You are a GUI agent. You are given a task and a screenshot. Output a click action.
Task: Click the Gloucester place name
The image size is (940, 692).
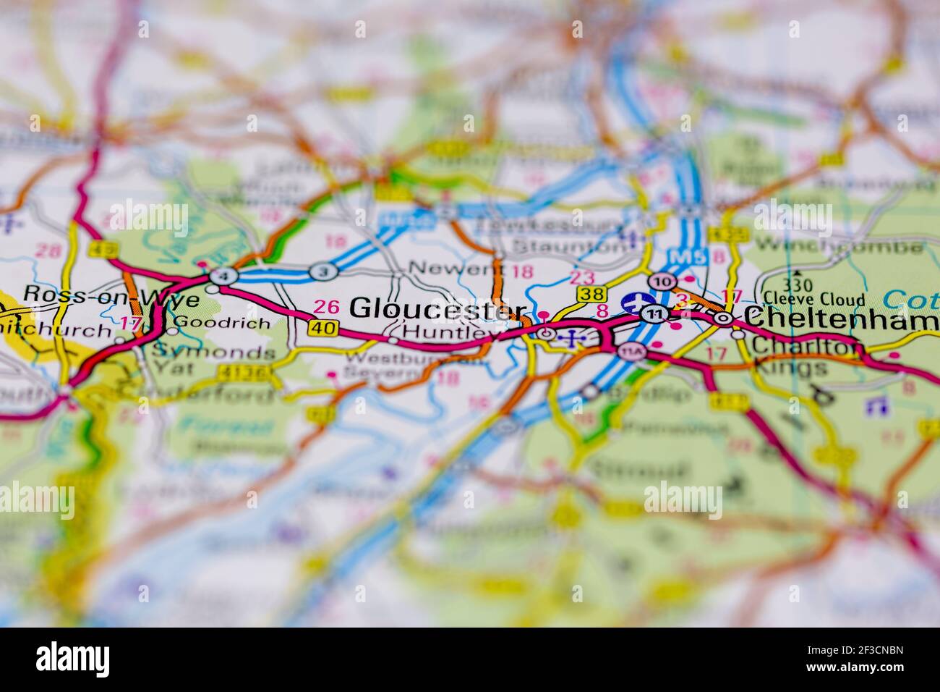click(437, 309)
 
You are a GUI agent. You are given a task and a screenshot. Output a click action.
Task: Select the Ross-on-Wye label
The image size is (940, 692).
click(101, 295)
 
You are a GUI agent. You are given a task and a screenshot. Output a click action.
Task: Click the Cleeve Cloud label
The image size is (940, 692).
click(813, 299)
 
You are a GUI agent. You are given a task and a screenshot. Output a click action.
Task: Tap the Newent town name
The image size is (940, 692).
click(456, 269)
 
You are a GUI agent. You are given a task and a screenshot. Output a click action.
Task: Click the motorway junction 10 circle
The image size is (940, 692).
click(661, 281)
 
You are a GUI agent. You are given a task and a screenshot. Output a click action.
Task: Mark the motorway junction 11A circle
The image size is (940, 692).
click(631, 352)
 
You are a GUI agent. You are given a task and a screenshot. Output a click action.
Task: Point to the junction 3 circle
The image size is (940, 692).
click(323, 271)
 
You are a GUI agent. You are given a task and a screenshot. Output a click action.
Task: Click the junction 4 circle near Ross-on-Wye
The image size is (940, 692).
click(223, 276)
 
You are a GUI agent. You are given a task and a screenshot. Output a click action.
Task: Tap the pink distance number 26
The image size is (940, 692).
click(327, 307)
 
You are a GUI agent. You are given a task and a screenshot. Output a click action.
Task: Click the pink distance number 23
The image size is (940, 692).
click(582, 277)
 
